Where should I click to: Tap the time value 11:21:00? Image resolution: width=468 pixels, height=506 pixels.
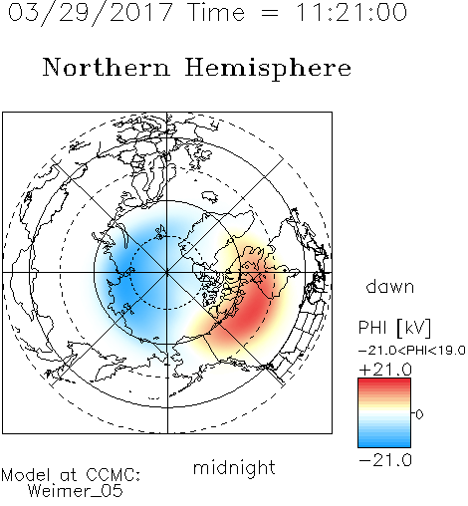[351, 13]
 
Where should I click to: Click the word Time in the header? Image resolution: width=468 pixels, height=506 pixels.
[216, 13]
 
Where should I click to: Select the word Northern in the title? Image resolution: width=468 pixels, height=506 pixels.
[107, 68]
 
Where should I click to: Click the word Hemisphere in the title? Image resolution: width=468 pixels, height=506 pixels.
[268, 69]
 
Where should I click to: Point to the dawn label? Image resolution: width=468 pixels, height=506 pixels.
[390, 286]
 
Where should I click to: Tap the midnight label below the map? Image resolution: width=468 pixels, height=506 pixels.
[234, 468]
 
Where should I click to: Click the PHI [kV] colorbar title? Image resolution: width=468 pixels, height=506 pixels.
[394, 328]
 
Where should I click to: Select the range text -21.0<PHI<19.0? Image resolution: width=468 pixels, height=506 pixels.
[412, 351]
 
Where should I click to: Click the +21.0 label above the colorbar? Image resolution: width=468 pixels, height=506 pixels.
[385, 370]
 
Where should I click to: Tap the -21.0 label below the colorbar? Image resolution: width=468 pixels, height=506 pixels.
[385, 460]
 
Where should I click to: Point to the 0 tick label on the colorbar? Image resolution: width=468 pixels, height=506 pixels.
[419, 414]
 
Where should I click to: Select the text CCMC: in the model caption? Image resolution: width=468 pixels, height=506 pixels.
[113, 475]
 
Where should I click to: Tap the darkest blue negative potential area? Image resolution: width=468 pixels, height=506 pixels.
[127, 286]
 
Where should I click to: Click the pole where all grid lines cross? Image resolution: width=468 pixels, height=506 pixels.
[167, 273]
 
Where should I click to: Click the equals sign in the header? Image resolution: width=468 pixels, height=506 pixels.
[270, 14]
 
